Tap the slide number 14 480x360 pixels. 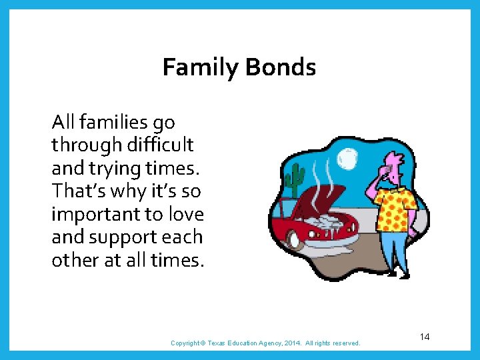(425, 337)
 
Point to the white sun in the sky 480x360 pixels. (347, 159)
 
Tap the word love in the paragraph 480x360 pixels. (187, 215)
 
